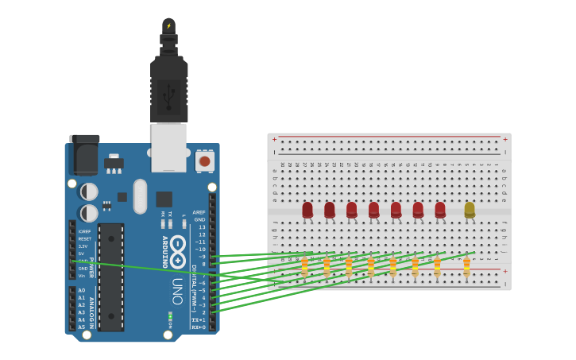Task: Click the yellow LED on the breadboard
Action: click(470, 210)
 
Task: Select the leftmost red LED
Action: click(307, 210)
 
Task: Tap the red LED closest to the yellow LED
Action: click(440, 210)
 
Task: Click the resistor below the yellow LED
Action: click(466, 266)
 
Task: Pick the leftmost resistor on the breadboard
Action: click(304, 266)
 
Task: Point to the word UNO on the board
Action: click(177, 291)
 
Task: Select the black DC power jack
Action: click(83, 154)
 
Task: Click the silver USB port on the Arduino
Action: click(168, 146)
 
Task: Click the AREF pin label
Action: click(199, 212)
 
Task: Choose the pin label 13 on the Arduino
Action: click(202, 227)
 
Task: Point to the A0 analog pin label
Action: click(81, 291)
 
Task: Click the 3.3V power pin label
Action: click(83, 246)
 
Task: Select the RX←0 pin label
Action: click(198, 327)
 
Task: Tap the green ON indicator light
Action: click(170, 316)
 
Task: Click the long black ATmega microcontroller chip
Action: click(110, 277)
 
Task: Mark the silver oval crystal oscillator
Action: click(140, 195)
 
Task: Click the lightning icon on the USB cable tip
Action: click(168, 25)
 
